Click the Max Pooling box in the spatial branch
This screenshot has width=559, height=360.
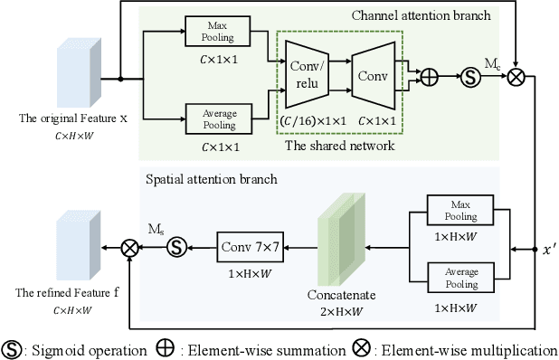coord(455,209)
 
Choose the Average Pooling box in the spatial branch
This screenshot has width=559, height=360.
coord(455,277)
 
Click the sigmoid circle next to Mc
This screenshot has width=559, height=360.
coord(470,78)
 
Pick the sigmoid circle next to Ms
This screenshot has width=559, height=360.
coord(177,245)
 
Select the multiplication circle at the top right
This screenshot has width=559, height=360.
coord(516,78)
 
